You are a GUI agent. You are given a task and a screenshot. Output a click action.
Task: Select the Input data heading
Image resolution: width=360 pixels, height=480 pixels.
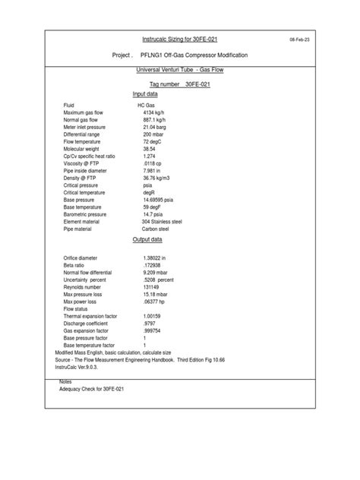(145, 93)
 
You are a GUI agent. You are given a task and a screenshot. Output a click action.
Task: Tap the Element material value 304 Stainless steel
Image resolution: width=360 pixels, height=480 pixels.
(167, 221)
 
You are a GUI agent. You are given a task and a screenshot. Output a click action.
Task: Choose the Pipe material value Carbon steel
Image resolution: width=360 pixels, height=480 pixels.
(160, 229)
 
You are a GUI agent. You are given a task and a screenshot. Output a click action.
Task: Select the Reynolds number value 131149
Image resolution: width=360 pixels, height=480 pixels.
(151, 287)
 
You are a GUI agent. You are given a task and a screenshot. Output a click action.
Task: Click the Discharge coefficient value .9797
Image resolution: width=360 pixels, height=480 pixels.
(149, 323)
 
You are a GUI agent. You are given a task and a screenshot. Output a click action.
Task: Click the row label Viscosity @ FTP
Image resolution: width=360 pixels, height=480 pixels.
(84, 163)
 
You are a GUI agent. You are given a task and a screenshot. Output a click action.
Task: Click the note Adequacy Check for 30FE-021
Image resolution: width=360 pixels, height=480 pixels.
(93, 388)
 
